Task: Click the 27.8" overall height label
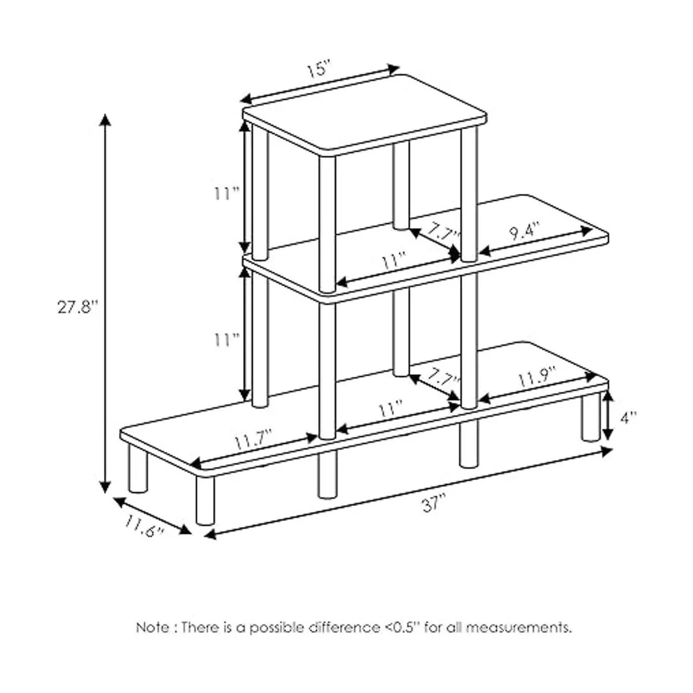pos(78,307)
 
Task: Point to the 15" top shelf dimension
pos(318,70)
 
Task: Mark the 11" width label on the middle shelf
pos(394,260)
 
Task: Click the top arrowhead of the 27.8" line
pos(105,120)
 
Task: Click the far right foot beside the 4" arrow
pos(591,416)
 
